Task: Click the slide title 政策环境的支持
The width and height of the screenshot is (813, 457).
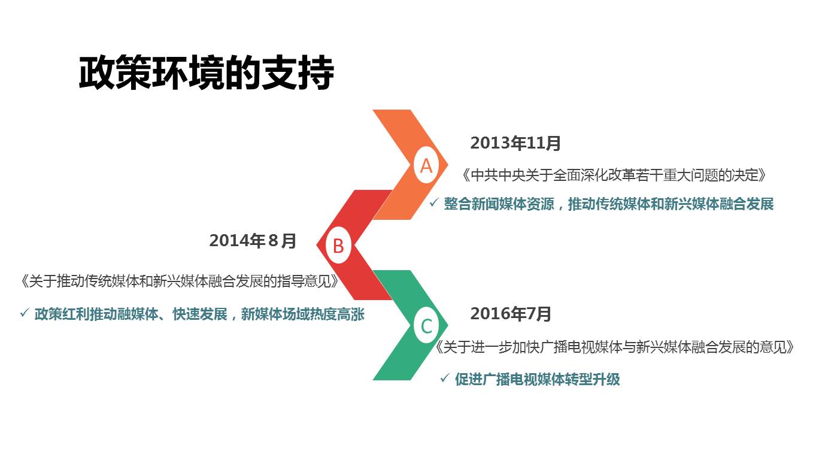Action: (x=206, y=74)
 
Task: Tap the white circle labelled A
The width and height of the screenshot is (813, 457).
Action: (x=426, y=165)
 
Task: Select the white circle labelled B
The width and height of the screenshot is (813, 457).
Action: (x=338, y=246)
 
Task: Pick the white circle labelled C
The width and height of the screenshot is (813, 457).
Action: (x=426, y=326)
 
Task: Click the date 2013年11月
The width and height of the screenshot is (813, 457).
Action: (x=515, y=143)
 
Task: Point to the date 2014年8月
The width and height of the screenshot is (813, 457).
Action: (x=253, y=241)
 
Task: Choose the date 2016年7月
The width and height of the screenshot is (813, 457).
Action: (x=511, y=313)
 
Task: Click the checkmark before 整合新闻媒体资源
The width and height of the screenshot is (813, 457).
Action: (x=434, y=203)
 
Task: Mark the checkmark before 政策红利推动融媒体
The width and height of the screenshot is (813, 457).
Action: (x=25, y=313)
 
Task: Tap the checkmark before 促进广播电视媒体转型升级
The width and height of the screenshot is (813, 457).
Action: (x=444, y=378)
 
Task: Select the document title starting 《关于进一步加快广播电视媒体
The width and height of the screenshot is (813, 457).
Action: (x=615, y=347)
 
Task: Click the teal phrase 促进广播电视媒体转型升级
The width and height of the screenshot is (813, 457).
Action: (x=537, y=379)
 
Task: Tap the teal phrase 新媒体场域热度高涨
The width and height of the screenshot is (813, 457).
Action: (x=302, y=314)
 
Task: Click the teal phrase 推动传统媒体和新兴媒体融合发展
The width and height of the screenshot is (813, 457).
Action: (x=671, y=204)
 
